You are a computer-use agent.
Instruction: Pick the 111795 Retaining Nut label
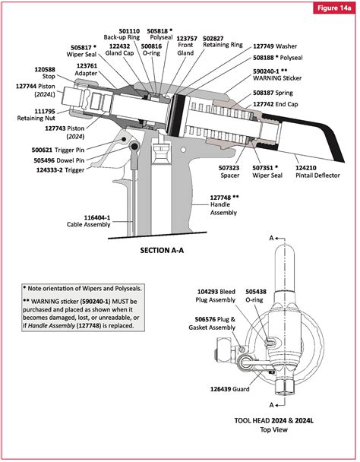pos(32,116)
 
